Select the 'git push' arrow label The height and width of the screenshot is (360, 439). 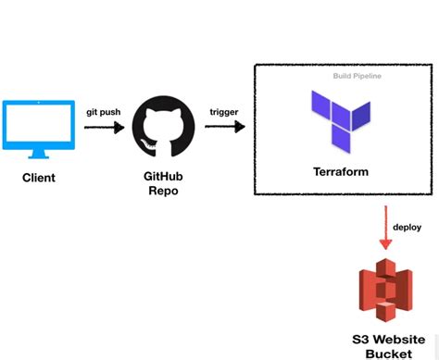(x=103, y=112)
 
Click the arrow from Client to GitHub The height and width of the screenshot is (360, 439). (x=104, y=129)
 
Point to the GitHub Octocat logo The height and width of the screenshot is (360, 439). (x=164, y=130)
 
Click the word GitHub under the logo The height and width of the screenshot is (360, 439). (x=164, y=177)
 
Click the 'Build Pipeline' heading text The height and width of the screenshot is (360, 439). (x=357, y=75)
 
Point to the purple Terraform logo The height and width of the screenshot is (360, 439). (x=342, y=119)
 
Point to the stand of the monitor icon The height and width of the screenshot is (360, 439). (x=38, y=154)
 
